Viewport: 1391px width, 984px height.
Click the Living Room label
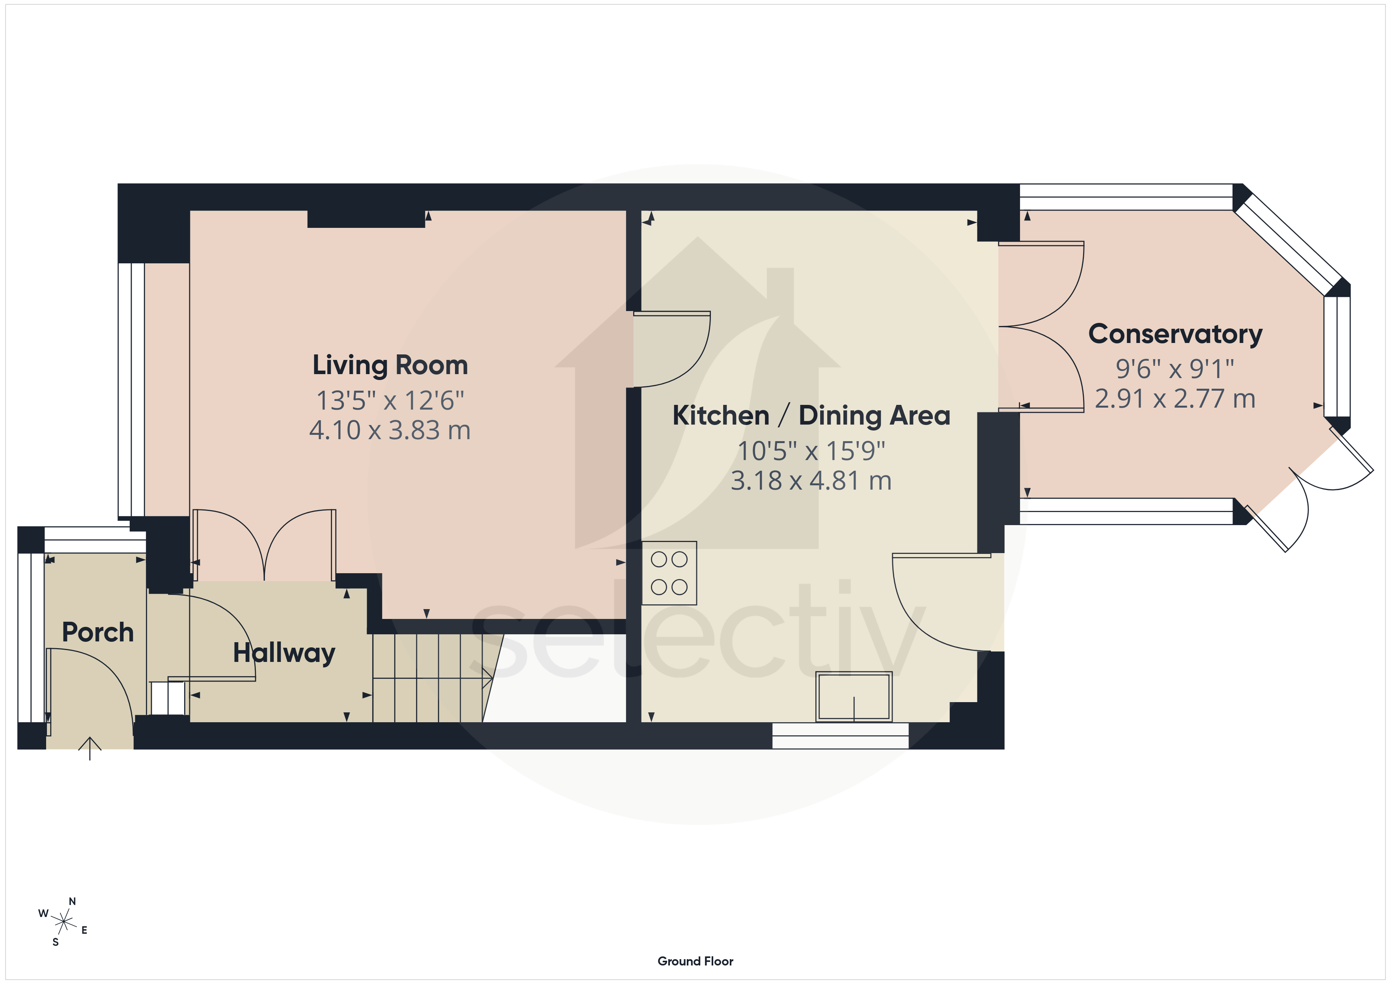coord(390,365)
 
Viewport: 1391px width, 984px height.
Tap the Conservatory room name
coord(1175,334)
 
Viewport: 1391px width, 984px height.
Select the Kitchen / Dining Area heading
coord(811,416)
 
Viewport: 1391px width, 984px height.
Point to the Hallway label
coord(284,653)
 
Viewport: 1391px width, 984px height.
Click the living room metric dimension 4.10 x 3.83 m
coord(390,430)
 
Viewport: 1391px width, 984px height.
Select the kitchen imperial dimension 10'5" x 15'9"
coord(811,451)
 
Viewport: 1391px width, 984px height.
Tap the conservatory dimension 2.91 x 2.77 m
coord(1175,399)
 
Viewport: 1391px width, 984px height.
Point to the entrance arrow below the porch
coord(90,748)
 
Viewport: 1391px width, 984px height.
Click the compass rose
coord(63,922)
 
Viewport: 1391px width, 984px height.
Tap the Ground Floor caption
coord(695,961)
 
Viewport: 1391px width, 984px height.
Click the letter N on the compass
coord(72,902)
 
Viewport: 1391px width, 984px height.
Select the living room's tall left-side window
coord(131,389)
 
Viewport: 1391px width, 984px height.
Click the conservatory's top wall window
coord(1126,197)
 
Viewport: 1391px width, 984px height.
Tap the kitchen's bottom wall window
coord(840,736)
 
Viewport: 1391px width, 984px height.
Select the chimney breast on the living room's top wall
coord(366,219)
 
